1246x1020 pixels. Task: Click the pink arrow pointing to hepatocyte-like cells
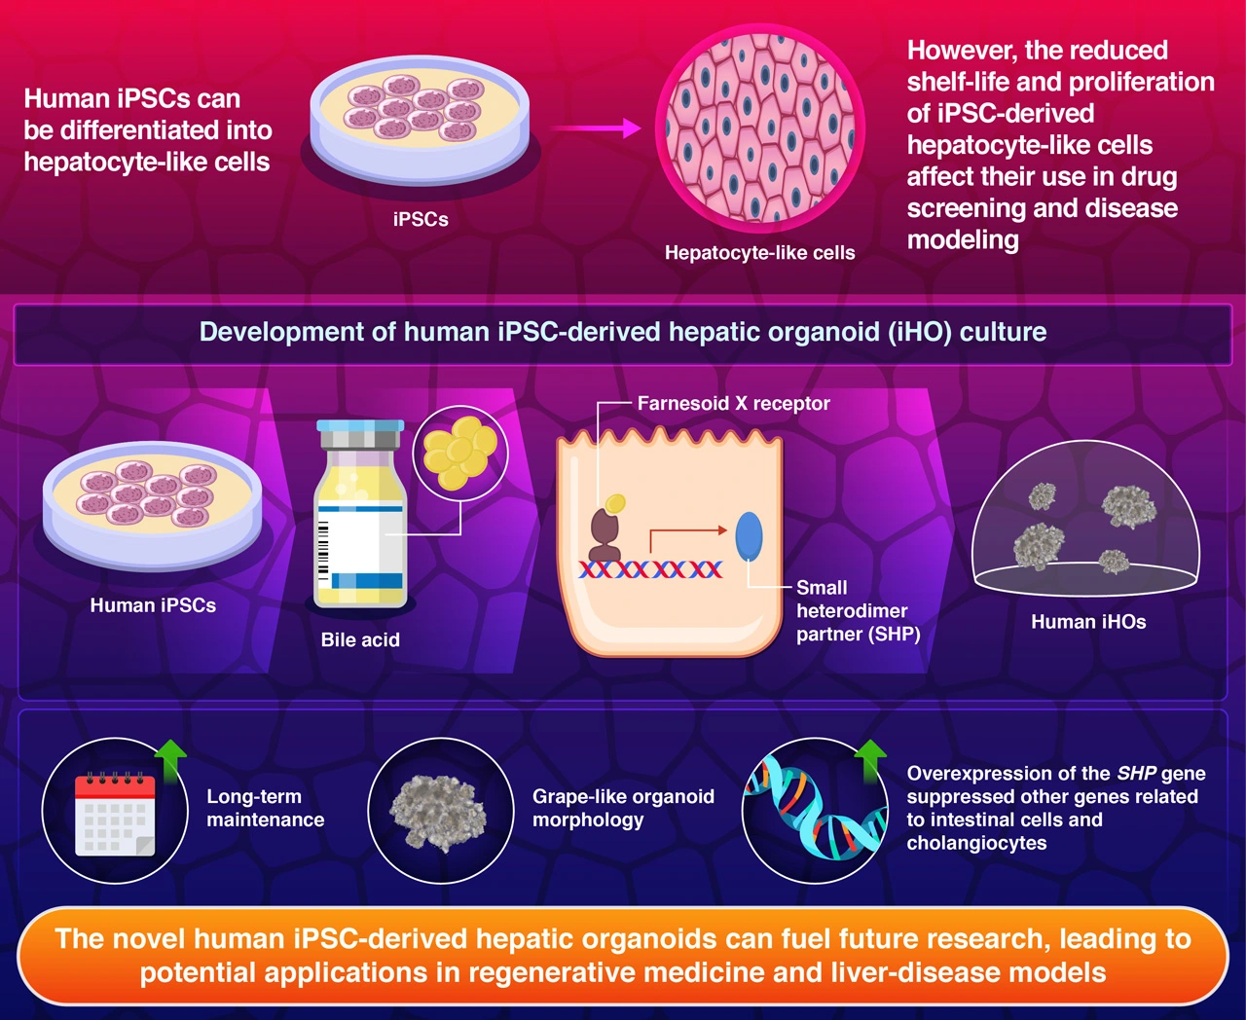pos(594,127)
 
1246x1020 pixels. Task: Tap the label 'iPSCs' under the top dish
pos(421,220)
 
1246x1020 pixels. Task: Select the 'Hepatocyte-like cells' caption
pos(759,253)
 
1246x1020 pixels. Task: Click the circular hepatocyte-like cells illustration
pos(759,127)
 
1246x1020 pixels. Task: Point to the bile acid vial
pos(359,516)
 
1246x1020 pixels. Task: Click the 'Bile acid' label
pos(360,639)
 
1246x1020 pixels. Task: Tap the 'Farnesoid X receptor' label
pos(733,403)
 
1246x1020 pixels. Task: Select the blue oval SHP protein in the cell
pos(749,536)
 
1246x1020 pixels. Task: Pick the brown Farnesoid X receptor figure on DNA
pos(605,536)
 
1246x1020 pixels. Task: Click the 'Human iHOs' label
pos(1088,622)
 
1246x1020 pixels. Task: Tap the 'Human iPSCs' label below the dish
pos(153,605)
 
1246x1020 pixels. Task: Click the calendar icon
pos(115,814)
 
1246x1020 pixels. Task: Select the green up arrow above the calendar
pos(171,759)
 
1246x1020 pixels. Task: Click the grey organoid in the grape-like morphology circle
pos(439,811)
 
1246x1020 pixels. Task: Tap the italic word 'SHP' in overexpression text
pos(1136,774)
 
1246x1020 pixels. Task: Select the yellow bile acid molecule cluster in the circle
pos(460,453)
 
